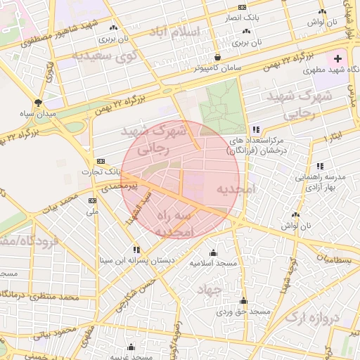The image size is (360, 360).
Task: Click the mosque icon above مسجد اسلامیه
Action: coord(214,252)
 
